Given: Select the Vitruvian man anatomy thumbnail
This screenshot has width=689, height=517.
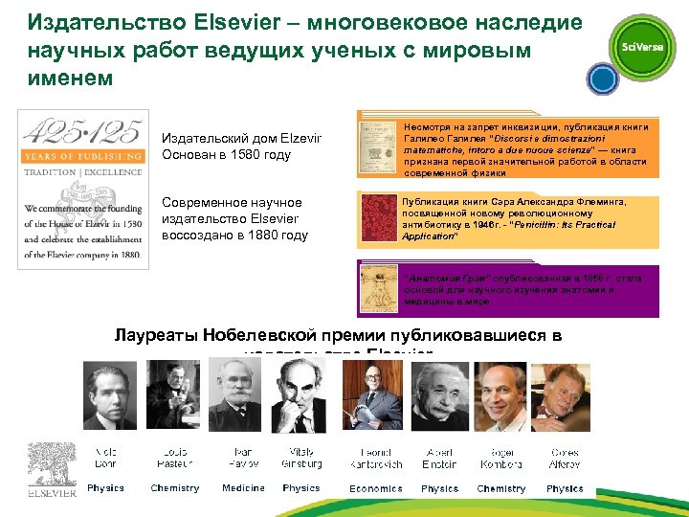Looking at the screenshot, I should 381,288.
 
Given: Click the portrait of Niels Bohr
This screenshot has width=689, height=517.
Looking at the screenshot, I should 109,394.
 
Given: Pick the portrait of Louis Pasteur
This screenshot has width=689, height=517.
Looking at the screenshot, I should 171,394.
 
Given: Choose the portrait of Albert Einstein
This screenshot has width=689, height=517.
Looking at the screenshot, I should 439,394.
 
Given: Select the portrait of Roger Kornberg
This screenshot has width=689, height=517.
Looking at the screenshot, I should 502,394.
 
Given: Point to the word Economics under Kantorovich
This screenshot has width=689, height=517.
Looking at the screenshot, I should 376,488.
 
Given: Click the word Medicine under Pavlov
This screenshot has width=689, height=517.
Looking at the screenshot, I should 243,488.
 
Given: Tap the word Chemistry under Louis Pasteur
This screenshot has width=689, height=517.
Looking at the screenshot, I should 175,488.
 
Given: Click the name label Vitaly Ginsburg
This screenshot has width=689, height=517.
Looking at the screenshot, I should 301,457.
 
